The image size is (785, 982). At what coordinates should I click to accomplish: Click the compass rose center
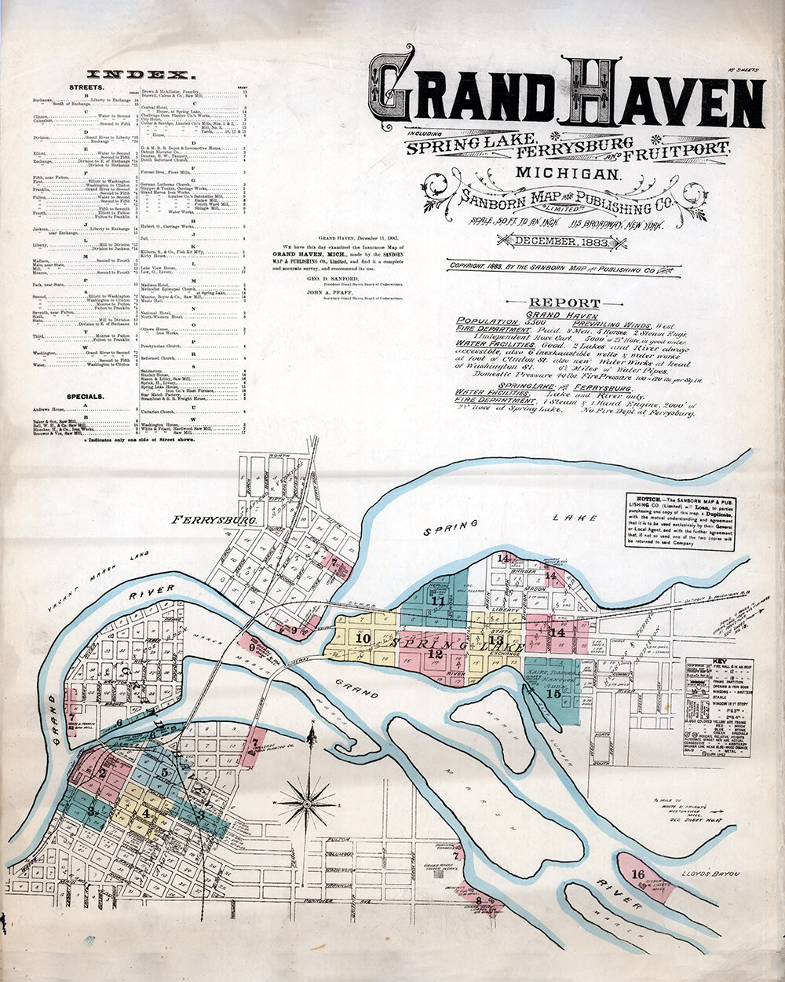click(x=307, y=803)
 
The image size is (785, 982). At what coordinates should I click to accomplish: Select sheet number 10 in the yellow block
click(x=363, y=639)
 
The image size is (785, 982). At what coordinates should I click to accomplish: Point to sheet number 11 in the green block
click(x=438, y=602)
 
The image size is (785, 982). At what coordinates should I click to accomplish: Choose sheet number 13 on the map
click(x=495, y=640)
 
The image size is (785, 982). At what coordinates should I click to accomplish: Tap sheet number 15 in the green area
click(x=553, y=693)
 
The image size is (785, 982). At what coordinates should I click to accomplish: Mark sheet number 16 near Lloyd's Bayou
click(x=637, y=874)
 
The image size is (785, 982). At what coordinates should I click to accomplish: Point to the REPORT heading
click(x=564, y=302)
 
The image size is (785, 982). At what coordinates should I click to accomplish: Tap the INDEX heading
click(x=140, y=75)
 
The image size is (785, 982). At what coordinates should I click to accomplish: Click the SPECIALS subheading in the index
click(x=86, y=397)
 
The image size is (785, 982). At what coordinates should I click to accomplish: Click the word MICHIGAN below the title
click(x=568, y=172)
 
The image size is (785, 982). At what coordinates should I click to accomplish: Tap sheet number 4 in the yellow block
click(x=147, y=814)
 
